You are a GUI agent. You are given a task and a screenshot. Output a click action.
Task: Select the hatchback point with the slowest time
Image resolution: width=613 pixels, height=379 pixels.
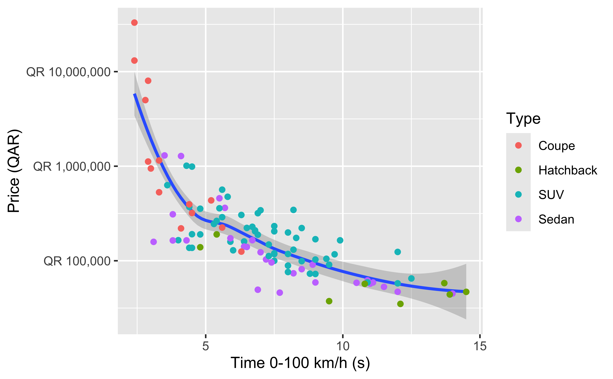(x=466, y=292)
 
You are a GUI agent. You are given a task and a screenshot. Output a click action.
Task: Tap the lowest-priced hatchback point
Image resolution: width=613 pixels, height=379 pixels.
(x=400, y=304)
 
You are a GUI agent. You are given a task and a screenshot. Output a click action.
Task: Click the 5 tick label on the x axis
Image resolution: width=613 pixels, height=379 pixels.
(x=205, y=346)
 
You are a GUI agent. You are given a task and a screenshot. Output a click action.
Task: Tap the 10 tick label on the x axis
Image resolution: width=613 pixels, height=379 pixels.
(x=343, y=346)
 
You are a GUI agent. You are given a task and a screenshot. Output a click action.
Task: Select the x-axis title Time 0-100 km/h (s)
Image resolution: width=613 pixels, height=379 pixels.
(x=300, y=363)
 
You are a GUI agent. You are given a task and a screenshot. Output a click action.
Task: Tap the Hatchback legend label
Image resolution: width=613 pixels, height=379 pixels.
(x=568, y=170)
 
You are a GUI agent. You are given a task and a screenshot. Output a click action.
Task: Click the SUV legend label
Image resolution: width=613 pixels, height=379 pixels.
(x=551, y=195)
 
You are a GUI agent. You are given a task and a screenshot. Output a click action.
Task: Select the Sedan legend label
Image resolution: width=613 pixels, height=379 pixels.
(x=556, y=219)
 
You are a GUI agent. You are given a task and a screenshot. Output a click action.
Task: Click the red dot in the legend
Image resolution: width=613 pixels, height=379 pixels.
(x=518, y=145)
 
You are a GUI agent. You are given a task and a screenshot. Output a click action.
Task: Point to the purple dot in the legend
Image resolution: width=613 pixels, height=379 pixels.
(x=518, y=219)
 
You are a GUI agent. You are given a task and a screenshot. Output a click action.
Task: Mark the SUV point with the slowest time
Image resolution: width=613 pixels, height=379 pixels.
(x=411, y=278)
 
